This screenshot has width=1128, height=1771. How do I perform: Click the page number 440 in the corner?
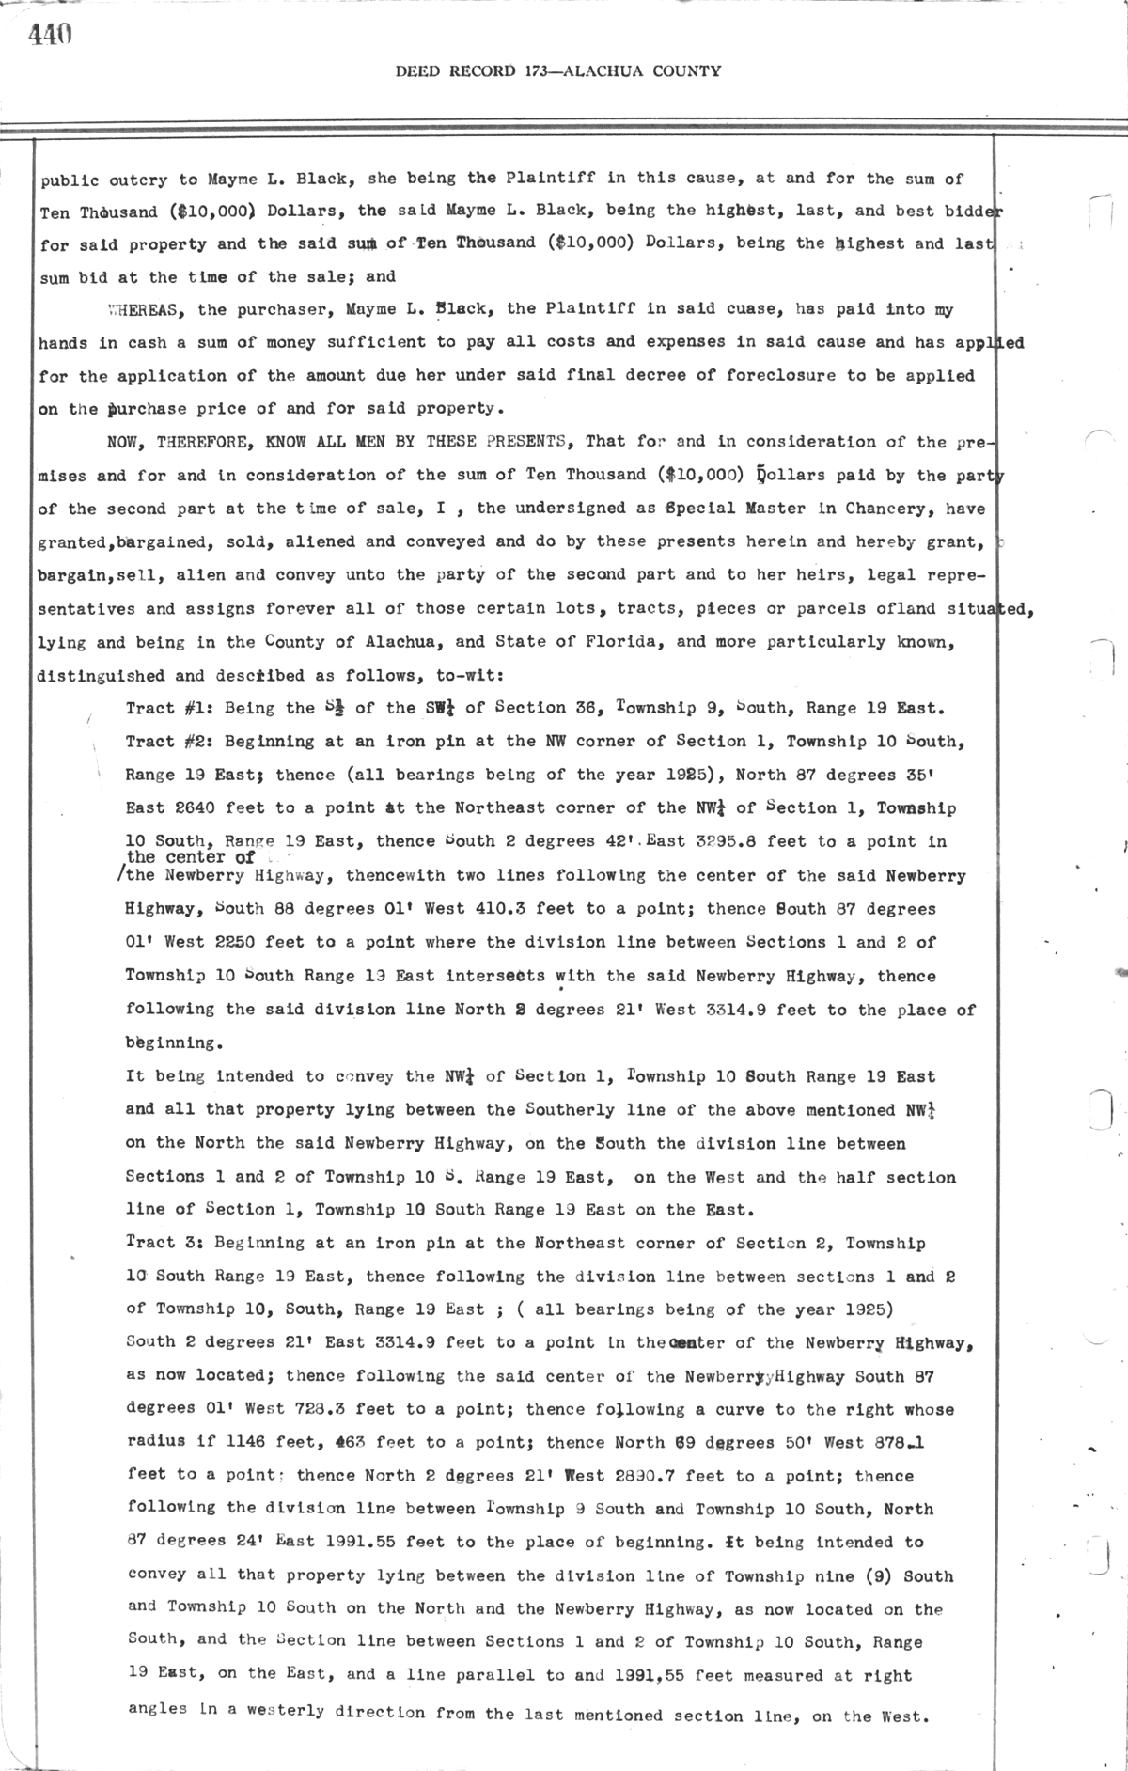(x=51, y=35)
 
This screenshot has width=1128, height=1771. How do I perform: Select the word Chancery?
(x=947, y=509)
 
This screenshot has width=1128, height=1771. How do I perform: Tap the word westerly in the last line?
(x=289, y=1708)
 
